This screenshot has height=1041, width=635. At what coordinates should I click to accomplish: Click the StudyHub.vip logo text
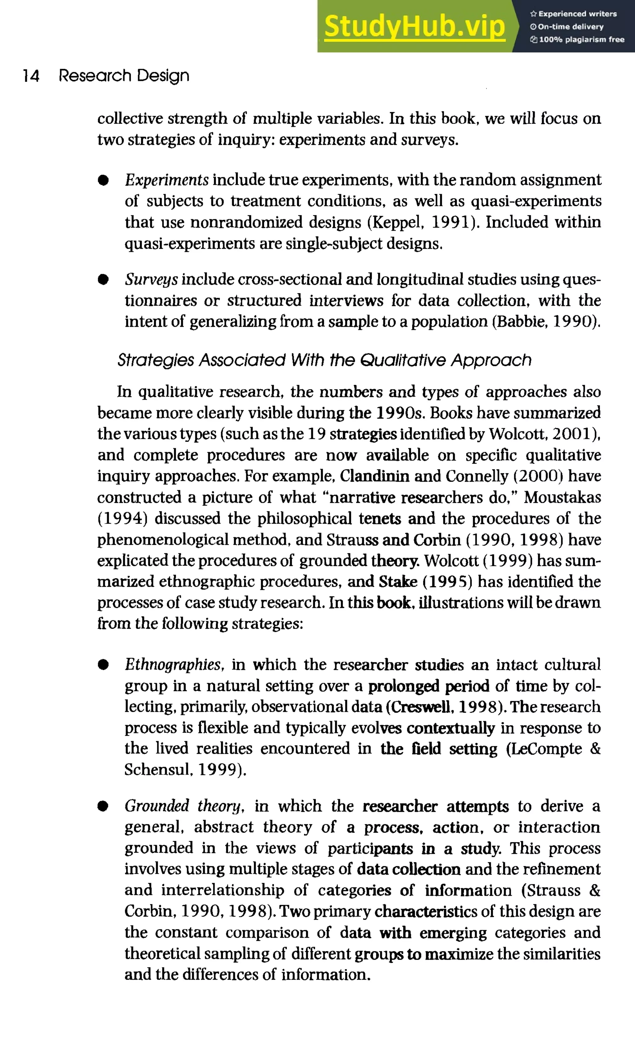point(414,26)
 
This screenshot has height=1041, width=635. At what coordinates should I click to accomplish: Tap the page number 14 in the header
point(31,76)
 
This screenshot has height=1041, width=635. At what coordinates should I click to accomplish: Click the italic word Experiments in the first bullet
point(167,180)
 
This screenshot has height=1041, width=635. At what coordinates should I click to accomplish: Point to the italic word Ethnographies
point(173,665)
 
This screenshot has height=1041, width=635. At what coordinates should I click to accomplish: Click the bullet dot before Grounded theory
point(103,806)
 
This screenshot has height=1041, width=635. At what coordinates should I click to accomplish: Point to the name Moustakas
point(562,498)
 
